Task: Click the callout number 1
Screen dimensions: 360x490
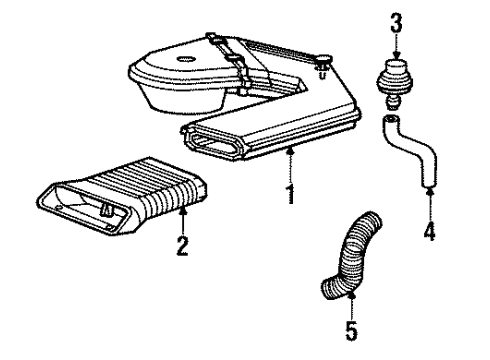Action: [x=289, y=192]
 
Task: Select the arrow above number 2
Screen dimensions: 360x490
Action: [x=183, y=217]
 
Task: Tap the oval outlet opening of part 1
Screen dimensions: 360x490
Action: [x=214, y=146]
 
